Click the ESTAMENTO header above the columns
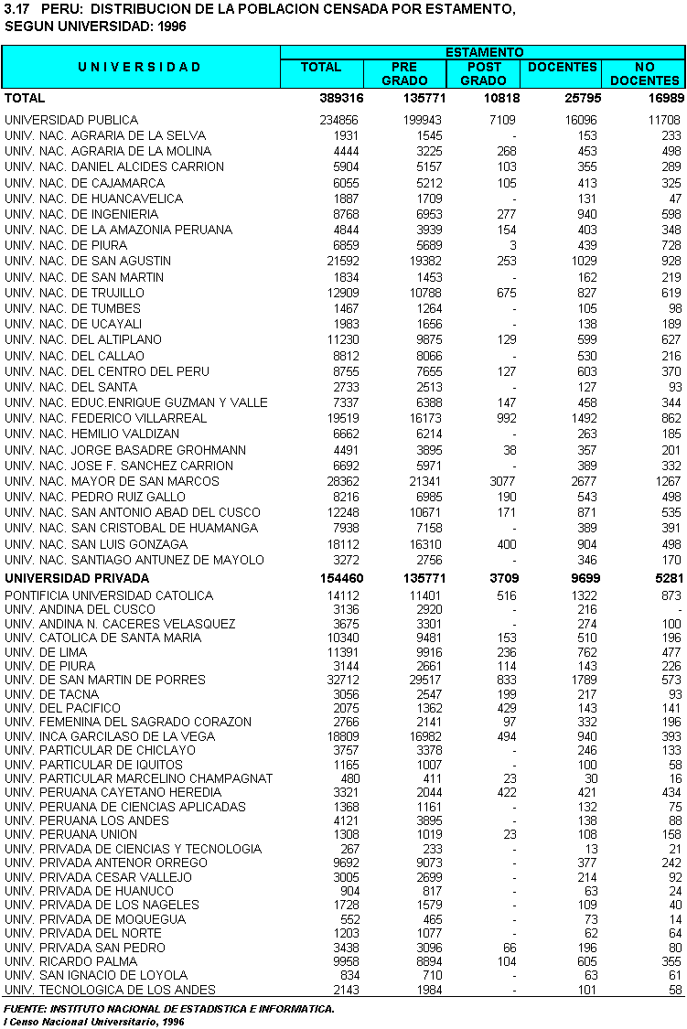pos(483,53)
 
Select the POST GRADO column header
pos(483,74)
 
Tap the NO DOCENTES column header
pos(644,74)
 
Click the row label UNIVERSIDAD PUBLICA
pos(71,120)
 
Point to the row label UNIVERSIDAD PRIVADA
pos(77,578)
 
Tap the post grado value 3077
pos(499,481)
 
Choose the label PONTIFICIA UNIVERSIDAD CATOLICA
pos(109,595)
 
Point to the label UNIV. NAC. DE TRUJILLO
pos(74,293)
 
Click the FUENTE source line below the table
pos(169,1009)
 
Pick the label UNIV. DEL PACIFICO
pos(62,708)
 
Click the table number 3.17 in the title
pos(18,9)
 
